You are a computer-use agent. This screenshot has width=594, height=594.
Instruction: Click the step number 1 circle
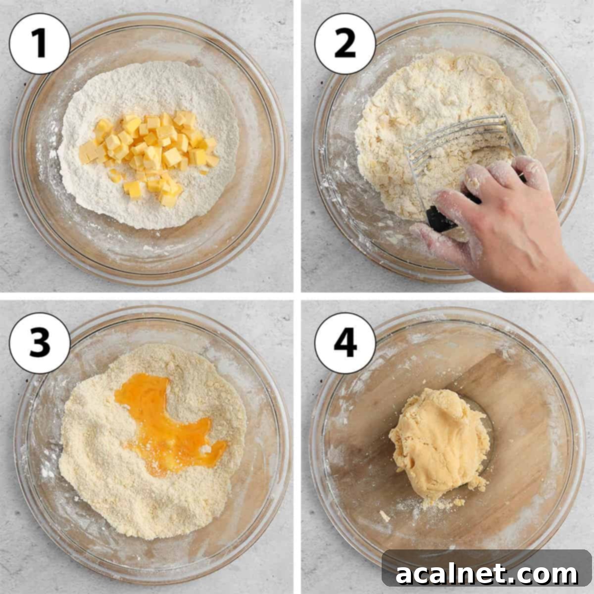click(40, 44)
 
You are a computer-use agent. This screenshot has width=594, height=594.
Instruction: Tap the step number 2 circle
click(345, 44)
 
